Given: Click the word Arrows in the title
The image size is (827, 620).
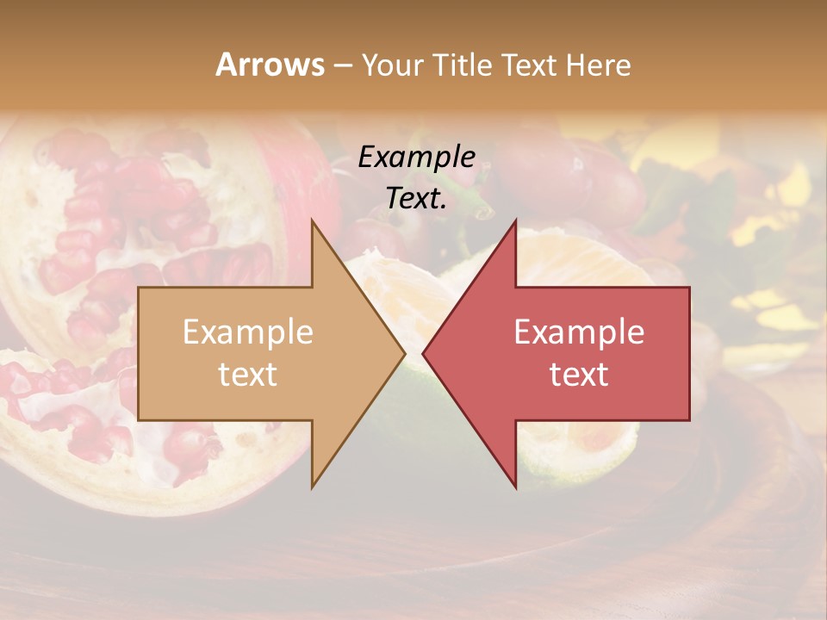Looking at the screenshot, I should pyautogui.click(x=270, y=65).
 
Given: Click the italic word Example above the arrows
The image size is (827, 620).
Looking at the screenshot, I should pyautogui.click(x=417, y=157).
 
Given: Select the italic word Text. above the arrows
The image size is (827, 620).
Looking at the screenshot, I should pyautogui.click(x=417, y=198).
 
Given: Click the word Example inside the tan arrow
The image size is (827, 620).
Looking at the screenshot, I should pyautogui.click(x=248, y=332).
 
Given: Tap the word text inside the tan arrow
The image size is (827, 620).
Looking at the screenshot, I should pyautogui.click(x=248, y=374).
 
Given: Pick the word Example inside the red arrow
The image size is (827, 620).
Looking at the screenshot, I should pyautogui.click(x=579, y=332).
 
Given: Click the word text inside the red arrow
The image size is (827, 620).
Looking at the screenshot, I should pyautogui.click(x=579, y=374).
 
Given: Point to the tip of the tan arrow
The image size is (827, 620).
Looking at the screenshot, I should pyautogui.click(x=405, y=354).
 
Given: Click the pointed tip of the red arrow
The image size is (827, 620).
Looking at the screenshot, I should pyautogui.click(x=423, y=354).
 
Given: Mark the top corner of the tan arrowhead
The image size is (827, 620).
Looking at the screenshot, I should pyautogui.click(x=312, y=220).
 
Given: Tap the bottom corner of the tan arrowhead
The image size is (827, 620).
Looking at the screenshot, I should pyautogui.click(x=312, y=487).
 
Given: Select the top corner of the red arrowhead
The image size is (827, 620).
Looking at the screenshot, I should pyautogui.click(x=515, y=220).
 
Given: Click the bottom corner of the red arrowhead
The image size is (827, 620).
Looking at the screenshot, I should pyautogui.click(x=515, y=487).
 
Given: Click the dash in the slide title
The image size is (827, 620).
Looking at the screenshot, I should pyautogui.click(x=342, y=65).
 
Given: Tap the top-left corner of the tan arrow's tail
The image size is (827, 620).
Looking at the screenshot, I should pyautogui.click(x=139, y=288).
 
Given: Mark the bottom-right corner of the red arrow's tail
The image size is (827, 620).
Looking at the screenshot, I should pyautogui.click(x=689, y=420).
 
